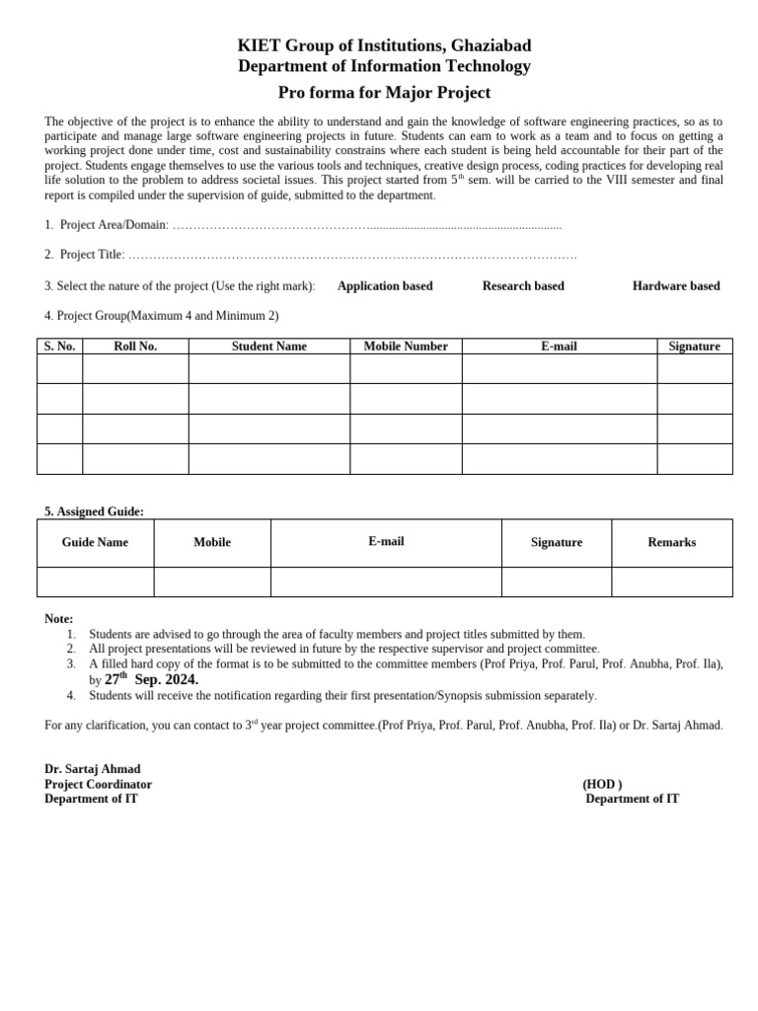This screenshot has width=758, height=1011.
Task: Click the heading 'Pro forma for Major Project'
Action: coord(384,93)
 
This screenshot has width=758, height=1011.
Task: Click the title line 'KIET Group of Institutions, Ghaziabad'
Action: coord(384,45)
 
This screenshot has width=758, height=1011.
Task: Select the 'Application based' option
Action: coord(385,286)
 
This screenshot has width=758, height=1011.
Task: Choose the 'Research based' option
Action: coord(523,286)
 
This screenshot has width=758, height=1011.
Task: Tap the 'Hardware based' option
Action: coord(676,286)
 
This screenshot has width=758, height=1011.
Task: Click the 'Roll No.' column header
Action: coord(135,347)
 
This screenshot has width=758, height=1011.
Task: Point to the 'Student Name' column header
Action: coord(269,347)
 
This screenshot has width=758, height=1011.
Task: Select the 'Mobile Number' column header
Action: coord(406,347)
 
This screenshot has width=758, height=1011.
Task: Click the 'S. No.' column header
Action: coord(59,347)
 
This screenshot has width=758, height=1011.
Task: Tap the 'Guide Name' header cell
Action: coord(95,543)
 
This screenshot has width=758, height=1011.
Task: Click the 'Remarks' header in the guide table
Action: coord(671,543)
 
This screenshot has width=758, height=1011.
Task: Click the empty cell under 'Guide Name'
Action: coord(95,583)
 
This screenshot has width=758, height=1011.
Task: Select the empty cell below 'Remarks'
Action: coord(671,583)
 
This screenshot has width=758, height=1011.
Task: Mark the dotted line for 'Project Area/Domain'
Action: coord(366,226)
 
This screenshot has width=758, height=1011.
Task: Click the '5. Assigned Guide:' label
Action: coord(94,511)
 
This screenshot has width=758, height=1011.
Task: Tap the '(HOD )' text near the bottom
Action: coord(602,785)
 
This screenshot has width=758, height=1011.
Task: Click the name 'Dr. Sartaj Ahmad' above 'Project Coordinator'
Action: coord(93,769)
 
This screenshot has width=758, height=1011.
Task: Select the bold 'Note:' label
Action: coord(59,619)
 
